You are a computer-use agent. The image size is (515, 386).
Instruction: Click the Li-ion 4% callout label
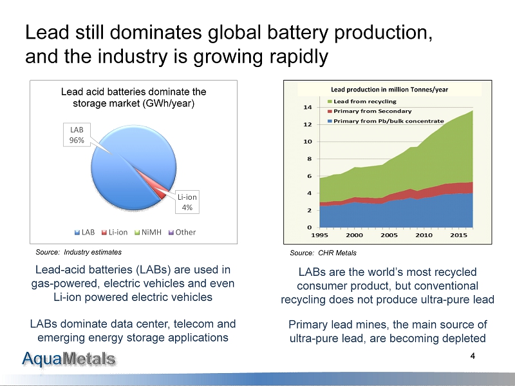(x=187, y=202)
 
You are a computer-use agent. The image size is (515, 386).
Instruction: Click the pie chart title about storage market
(x=134, y=98)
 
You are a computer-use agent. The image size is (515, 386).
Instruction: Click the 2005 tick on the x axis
(x=389, y=235)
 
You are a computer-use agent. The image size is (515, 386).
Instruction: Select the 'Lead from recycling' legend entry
(x=364, y=101)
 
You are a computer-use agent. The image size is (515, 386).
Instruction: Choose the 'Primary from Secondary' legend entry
(x=372, y=111)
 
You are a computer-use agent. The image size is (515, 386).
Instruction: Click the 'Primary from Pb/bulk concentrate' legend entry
(x=388, y=121)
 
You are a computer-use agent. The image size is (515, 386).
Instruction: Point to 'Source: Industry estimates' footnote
(x=78, y=252)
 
